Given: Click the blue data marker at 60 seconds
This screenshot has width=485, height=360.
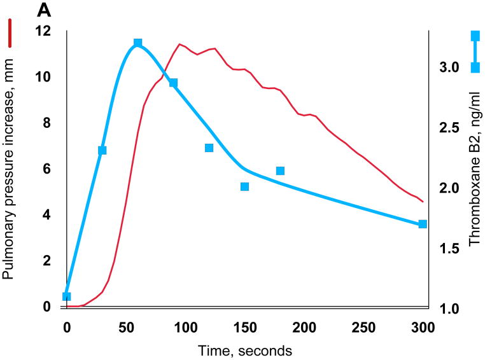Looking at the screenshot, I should coord(137,43).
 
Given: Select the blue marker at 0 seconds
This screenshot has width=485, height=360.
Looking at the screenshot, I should coord(67,296).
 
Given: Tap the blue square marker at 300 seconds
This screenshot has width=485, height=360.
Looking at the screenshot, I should coord(423,224).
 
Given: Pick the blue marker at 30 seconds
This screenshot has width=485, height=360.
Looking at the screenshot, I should coord(102,150).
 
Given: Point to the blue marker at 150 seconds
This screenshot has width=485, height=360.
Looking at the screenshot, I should coord(244,186).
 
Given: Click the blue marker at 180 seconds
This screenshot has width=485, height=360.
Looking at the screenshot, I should coord(280,170).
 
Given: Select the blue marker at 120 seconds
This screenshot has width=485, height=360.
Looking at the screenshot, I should coord(209,148).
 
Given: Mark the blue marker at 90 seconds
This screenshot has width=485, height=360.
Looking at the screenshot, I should coord(173,83).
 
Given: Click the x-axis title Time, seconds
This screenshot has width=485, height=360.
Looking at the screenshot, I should coord(244,350).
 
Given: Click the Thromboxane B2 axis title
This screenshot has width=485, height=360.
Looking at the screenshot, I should coord(475,169).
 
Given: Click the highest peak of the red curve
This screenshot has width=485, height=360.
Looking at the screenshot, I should coord(181,44).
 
